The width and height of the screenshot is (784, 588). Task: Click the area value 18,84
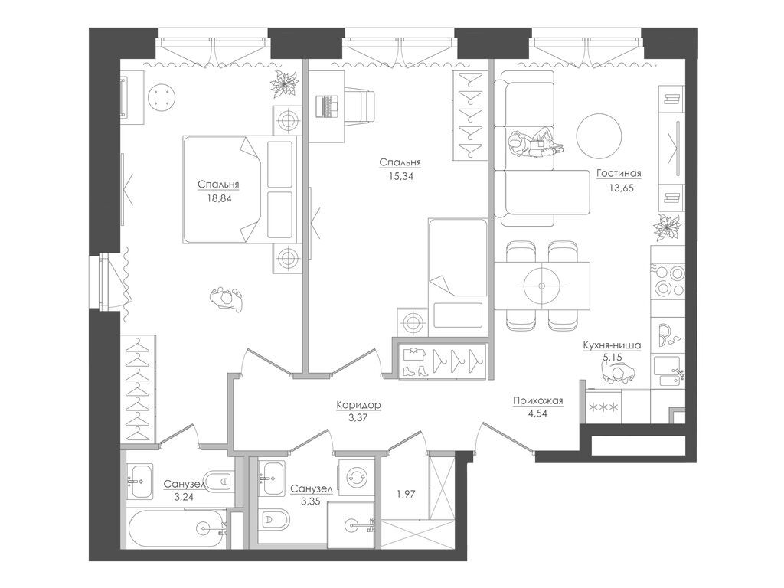click(x=218, y=198)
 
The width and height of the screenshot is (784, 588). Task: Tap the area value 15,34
click(x=400, y=176)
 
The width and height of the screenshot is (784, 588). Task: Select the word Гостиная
click(x=619, y=174)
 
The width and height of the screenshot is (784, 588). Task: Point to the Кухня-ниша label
click(x=612, y=345)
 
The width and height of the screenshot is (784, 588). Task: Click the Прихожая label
click(x=538, y=400)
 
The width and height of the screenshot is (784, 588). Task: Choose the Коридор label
click(x=358, y=404)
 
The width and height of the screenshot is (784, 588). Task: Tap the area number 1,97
click(x=406, y=494)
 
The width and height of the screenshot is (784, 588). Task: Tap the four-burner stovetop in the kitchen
click(x=668, y=280)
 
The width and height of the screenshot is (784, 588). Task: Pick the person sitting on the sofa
click(x=534, y=143)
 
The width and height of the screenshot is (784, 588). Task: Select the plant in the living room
click(x=668, y=227)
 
